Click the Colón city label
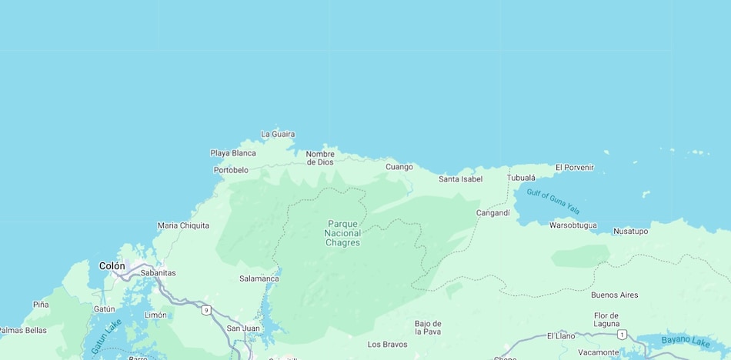tap(112, 266)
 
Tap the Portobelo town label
tap(231, 170)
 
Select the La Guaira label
tap(278, 134)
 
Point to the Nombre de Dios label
tap(320, 158)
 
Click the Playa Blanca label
tap(233, 153)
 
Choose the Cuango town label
tap(399, 167)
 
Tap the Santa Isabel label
tap(460, 179)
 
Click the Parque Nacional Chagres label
tap(342, 233)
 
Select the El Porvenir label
tap(575, 167)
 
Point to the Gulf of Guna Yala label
tap(553, 202)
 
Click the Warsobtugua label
tap(572, 225)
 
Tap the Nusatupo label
tap(630, 231)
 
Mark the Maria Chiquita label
tap(183, 225)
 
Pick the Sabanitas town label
tap(158, 272)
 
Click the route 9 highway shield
tap(206, 310)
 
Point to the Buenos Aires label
tap(614, 295)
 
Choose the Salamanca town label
tap(259, 278)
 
